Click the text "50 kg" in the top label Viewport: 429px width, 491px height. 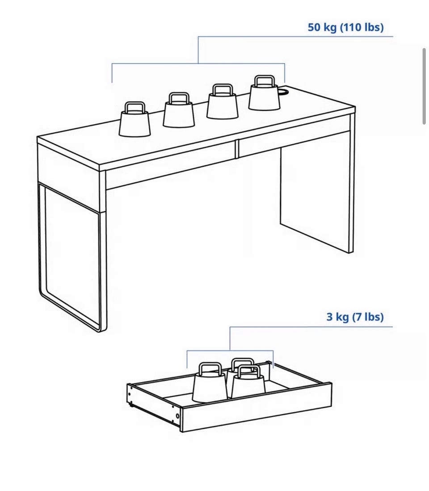coord(322,27)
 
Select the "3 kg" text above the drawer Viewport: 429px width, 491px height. coord(337,317)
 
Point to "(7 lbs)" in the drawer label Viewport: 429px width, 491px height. coord(368,317)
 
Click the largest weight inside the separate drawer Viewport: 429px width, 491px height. coord(210,382)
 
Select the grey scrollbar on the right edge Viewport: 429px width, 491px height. coord(424,86)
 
